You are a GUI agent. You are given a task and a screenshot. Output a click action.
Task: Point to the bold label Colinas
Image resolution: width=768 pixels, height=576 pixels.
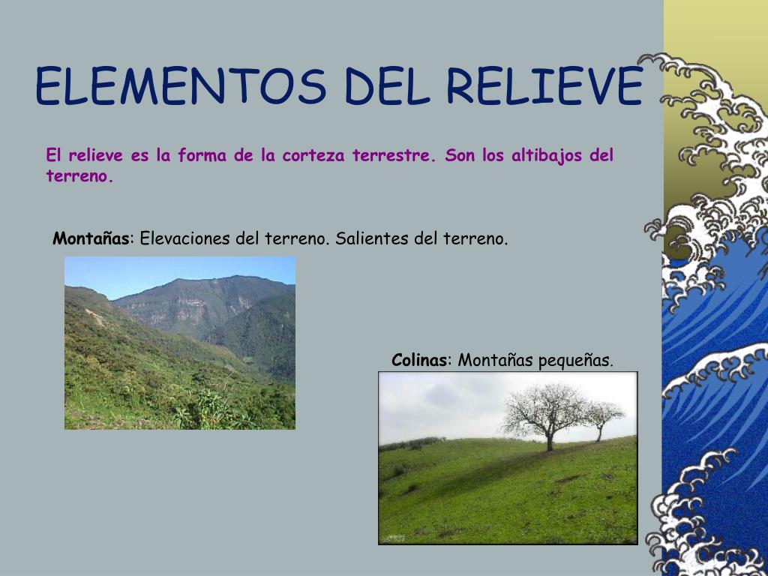click(419, 360)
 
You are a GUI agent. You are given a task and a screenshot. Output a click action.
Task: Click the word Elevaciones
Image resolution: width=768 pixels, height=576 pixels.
click(185, 239)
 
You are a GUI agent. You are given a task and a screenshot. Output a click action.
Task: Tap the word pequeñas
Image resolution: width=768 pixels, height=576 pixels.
click(576, 361)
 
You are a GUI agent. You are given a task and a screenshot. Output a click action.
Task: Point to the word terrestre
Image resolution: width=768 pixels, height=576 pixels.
click(394, 156)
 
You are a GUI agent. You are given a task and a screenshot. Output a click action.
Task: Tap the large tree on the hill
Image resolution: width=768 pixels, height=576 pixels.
click(544, 409)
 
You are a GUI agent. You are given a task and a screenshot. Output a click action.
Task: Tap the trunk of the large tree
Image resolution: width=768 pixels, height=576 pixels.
click(550, 441)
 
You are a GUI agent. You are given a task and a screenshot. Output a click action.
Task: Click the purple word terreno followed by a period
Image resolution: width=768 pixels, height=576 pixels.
click(79, 177)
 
